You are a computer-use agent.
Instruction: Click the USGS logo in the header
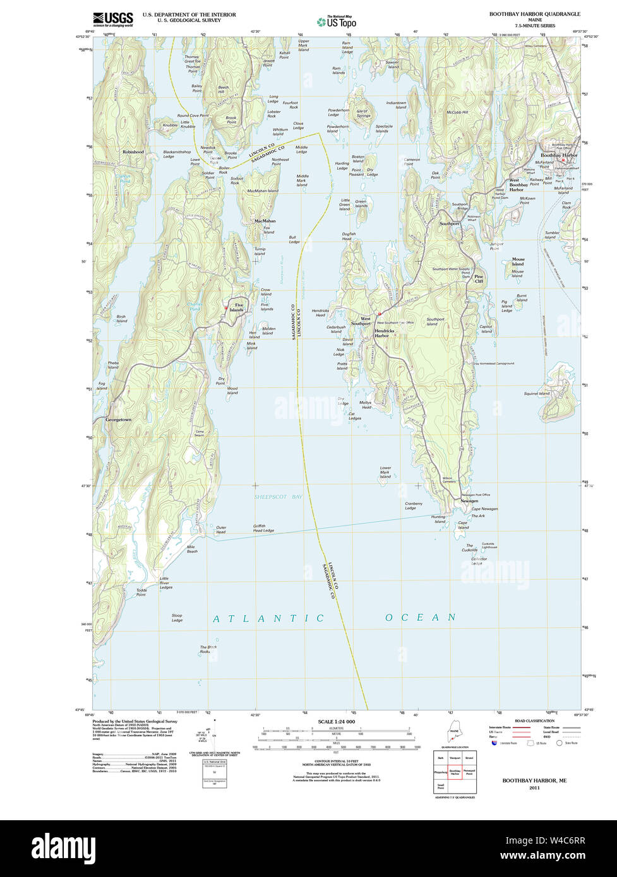pyautogui.click(x=113, y=19)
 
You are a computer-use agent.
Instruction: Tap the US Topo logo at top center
pyautogui.click(x=337, y=21)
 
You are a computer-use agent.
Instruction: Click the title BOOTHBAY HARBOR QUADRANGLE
pyautogui.click(x=534, y=14)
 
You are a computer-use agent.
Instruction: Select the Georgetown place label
pyautogui.click(x=118, y=420)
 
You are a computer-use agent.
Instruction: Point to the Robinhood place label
pyautogui.click(x=133, y=152)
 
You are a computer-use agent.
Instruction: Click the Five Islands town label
pyautogui.click(x=237, y=308)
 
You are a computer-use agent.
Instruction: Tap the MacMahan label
pyautogui.click(x=265, y=221)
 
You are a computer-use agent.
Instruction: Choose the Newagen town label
pyautogui.click(x=469, y=501)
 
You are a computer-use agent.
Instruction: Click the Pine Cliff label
pyautogui.click(x=479, y=279)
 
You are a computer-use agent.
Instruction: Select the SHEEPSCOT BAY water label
pyautogui.click(x=279, y=497)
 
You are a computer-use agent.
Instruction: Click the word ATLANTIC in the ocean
pyautogui.click(x=268, y=618)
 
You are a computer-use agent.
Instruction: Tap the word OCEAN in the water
pyautogui.click(x=421, y=617)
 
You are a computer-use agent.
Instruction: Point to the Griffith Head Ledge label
pyautogui.click(x=263, y=528)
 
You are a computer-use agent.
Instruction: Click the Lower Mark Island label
pyautogui.click(x=385, y=473)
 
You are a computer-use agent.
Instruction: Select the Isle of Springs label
pyautogui.click(x=363, y=114)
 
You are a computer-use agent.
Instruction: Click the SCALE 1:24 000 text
pyautogui.click(x=336, y=721)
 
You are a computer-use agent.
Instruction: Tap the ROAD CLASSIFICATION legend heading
pyautogui.click(x=534, y=721)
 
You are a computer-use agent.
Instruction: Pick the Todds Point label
pyautogui.click(x=141, y=592)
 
